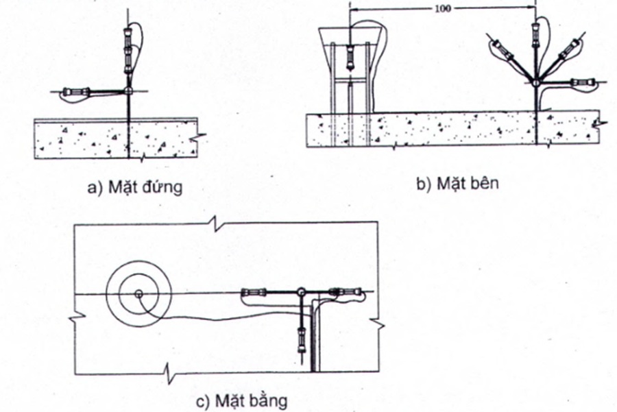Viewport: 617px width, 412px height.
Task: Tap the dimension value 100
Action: click(x=443, y=9)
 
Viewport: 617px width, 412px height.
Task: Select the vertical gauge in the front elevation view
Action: click(x=127, y=51)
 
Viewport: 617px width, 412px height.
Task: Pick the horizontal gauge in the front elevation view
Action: click(x=76, y=91)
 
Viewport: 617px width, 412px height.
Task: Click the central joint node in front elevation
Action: click(x=128, y=90)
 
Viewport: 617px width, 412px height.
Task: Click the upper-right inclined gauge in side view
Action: click(x=568, y=49)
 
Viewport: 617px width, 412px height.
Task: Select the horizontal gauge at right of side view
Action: click(x=582, y=83)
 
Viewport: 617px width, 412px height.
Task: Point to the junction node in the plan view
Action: click(x=300, y=293)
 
